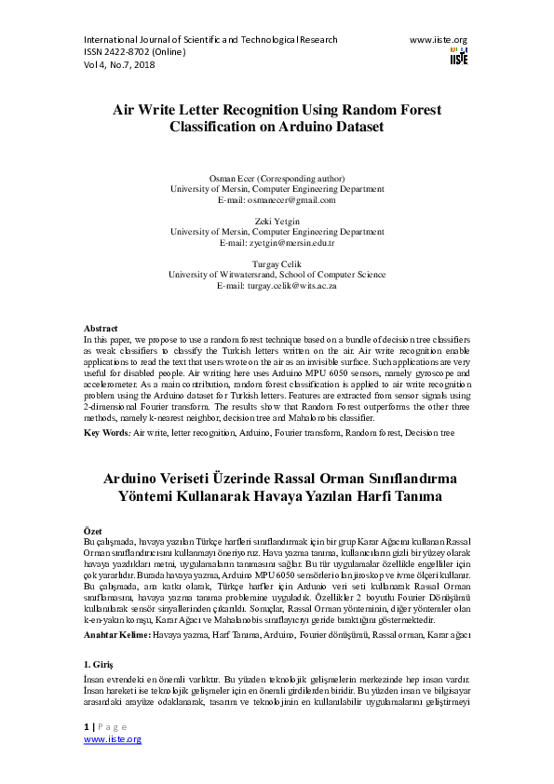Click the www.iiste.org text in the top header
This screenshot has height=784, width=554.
coord(439,40)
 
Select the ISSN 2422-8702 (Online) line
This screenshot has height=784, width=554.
coord(135,52)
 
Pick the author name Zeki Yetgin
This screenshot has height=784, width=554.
coord(277,221)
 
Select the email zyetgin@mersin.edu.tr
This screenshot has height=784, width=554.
coord(277,242)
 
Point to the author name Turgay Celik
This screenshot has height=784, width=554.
coord(277,264)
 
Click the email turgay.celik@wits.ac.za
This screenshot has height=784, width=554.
coord(277,285)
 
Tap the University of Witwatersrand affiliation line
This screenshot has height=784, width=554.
coord(277,275)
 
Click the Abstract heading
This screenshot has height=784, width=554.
coord(101,329)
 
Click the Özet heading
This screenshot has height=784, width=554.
coord(93,529)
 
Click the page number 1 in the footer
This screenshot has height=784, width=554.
coord(87,725)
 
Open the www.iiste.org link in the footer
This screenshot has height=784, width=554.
coord(113,738)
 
